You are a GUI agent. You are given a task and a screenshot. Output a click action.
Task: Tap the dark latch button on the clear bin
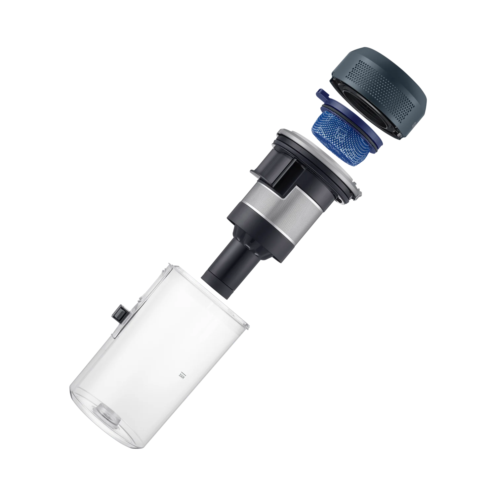pos(120,312)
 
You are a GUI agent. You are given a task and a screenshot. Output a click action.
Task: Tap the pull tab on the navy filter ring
pos(323,95)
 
